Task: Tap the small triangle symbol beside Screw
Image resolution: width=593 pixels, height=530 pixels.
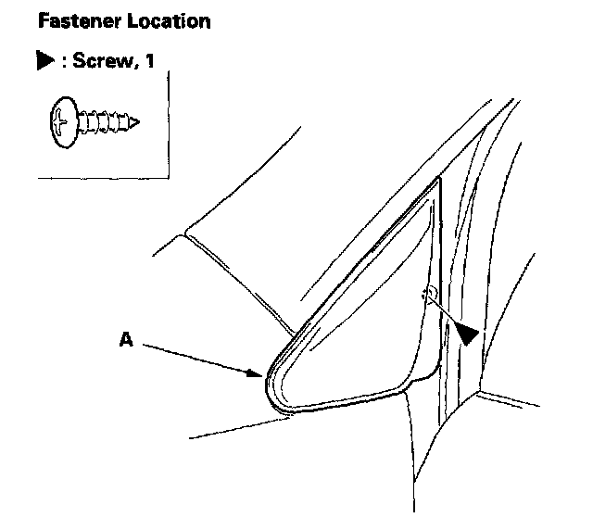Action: [43, 67]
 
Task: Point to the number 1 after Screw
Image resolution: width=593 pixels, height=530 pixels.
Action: [147, 67]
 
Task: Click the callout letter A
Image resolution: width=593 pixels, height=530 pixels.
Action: [126, 340]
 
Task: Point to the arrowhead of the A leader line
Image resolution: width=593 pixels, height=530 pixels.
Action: [260, 374]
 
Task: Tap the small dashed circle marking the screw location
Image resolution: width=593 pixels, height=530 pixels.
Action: [429, 295]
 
